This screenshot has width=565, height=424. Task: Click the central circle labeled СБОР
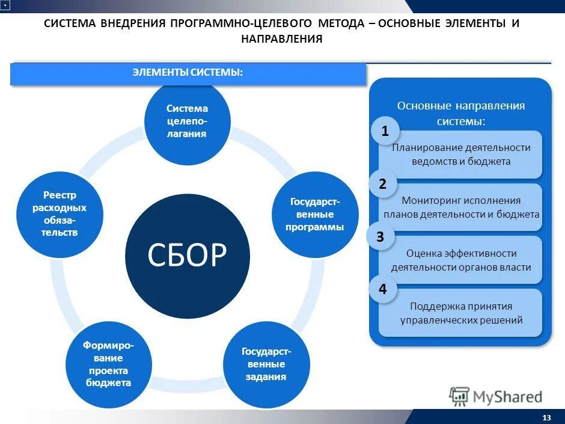tap(187, 256)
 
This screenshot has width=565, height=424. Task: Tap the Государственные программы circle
tap(316, 215)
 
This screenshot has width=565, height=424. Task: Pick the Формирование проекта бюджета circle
tap(108, 364)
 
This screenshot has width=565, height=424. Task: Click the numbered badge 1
tap(385, 131)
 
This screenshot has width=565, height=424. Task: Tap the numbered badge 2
tap(382, 184)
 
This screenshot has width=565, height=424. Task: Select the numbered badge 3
tap(380, 237)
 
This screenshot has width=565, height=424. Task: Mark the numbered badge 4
tap(382, 290)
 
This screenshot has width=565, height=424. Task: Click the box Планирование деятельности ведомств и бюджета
tap(461, 155)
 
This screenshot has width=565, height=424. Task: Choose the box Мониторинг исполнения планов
tap(461, 207)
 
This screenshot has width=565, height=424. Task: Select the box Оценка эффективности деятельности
tap(461, 260)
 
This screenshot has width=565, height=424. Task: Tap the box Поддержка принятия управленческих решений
tap(461, 313)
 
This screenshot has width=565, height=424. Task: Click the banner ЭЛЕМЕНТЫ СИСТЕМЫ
tap(188, 73)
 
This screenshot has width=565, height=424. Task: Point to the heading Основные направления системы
tap(461, 113)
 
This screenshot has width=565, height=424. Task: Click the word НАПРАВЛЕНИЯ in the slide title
tap(282, 39)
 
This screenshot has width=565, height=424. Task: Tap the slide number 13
tap(546, 417)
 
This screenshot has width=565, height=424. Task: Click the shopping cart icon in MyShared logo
tap(459, 396)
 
